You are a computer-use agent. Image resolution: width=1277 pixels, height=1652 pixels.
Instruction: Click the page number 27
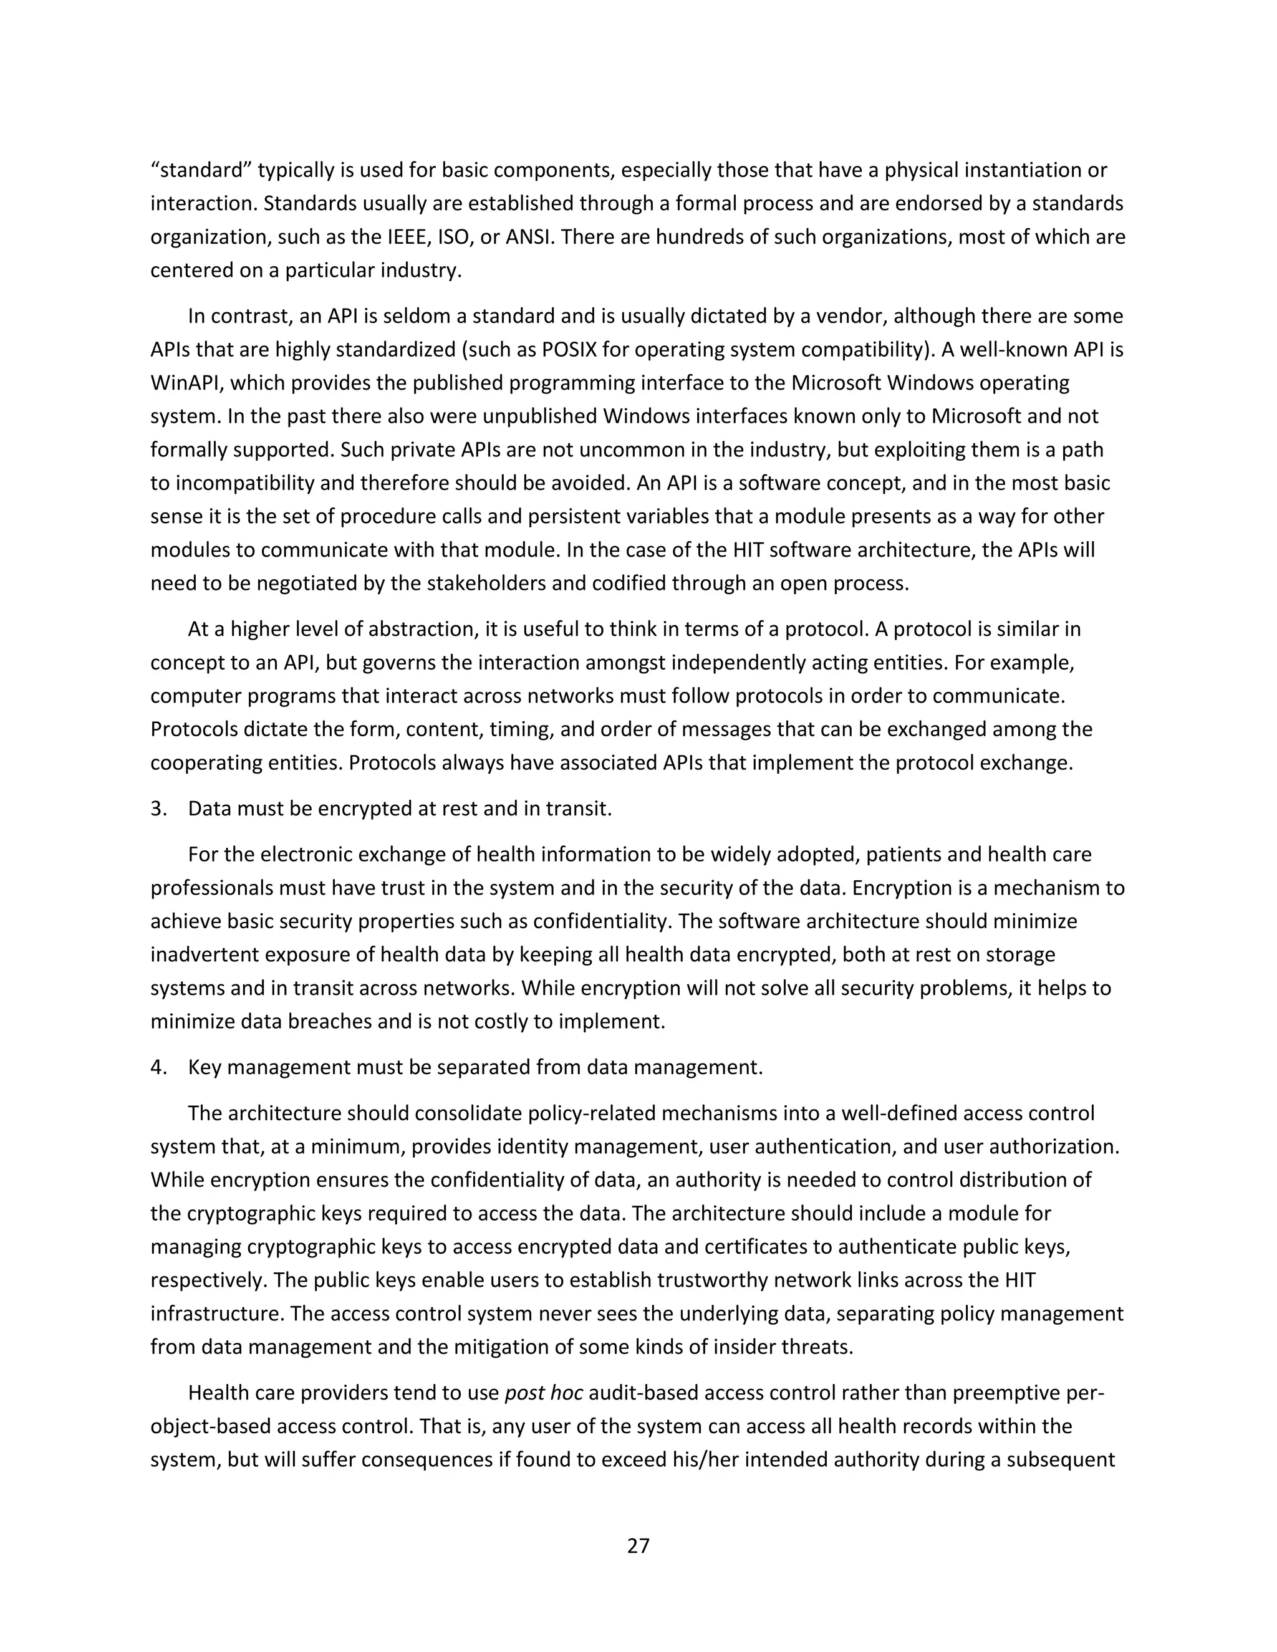pyautogui.click(x=638, y=1545)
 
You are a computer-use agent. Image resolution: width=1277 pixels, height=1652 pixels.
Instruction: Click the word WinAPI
pyautogui.click(x=185, y=383)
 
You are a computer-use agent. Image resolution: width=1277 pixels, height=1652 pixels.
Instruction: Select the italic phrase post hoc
pyautogui.click(x=543, y=1393)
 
